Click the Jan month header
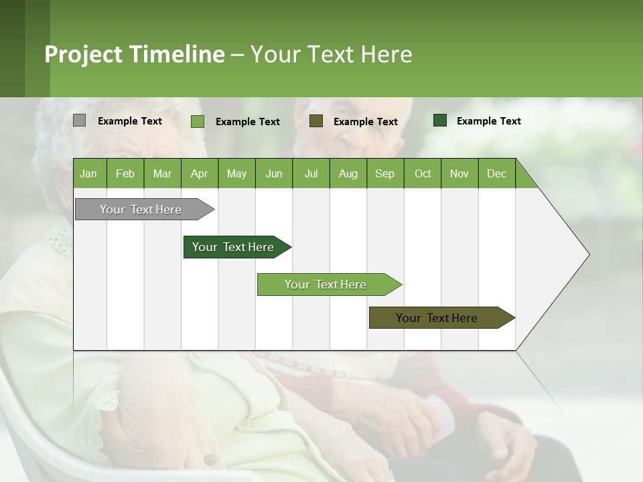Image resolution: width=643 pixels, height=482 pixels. (x=89, y=173)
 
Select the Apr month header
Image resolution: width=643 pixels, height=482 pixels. (x=200, y=173)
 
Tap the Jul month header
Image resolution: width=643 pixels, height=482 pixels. (x=311, y=173)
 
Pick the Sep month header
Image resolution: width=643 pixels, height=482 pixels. (x=384, y=173)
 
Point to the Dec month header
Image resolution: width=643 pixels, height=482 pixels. (x=496, y=173)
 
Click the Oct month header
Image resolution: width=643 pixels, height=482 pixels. (x=422, y=173)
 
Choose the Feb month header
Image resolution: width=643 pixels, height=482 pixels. (x=125, y=173)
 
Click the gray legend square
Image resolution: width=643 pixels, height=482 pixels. (x=79, y=120)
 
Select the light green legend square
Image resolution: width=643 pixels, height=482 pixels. (x=197, y=121)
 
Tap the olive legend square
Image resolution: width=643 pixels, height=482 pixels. (x=316, y=120)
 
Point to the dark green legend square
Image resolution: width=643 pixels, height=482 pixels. (x=440, y=120)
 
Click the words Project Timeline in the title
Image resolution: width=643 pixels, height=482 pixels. (x=134, y=54)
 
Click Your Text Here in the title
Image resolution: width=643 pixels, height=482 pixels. (x=332, y=54)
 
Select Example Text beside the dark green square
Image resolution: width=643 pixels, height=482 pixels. (x=488, y=120)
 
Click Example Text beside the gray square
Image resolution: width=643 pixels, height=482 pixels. (x=129, y=120)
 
